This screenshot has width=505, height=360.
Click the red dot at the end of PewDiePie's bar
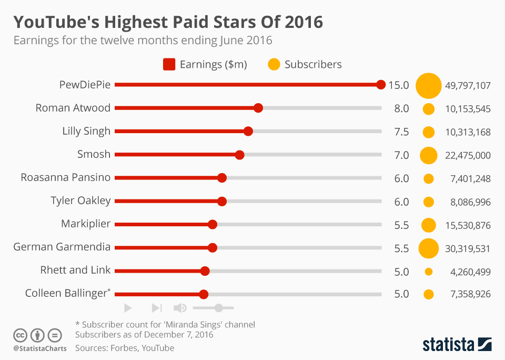pos(381,85)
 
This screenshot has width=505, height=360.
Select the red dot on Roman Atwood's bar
pos(258,108)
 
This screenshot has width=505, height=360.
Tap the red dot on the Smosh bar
pos(239,155)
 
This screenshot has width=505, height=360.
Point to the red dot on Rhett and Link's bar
pos(205,271)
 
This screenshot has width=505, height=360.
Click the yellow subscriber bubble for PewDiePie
pos(428,85)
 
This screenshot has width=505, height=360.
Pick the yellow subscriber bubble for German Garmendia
pos(428,248)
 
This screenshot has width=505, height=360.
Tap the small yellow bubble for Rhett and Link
pos(428,272)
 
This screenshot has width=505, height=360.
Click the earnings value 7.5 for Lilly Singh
pos(401,132)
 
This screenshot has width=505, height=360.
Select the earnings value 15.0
pos(399,86)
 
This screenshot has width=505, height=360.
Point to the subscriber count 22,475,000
pos(468,156)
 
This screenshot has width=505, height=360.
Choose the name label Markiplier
pos(86,224)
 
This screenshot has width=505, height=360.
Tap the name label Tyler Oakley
pos(80,201)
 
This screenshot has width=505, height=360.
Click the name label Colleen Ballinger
pos(66,294)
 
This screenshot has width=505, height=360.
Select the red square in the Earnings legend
pos(169,65)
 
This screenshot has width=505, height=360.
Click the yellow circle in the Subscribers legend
pos(274,65)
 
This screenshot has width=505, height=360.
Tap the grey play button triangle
pos(128,308)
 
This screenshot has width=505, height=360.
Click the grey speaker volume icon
pos(180,308)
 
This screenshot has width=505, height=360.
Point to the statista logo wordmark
pos(448,345)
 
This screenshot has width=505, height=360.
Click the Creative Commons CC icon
pos(20,335)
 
